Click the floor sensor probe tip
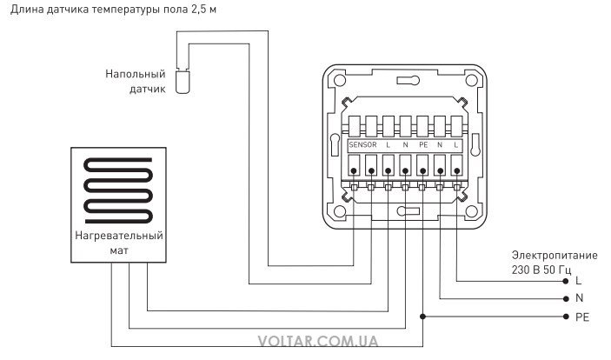pos(183,82)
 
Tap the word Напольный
pos(136,74)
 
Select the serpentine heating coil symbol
pos(118,190)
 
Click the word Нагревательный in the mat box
pos(119,236)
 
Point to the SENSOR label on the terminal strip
pos(362,144)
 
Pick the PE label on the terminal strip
pos(423,144)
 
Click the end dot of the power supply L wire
pos(566,281)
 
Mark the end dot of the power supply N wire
pos(566,299)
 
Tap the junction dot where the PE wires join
pos(422,317)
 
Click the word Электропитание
pos(555,256)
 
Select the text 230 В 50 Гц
pos(541,270)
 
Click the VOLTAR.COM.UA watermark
pos(317,341)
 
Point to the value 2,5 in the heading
pos(199,9)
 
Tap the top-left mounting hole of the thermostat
pos(340,80)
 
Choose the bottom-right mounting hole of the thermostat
pos(471,212)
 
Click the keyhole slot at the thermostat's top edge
pos(408,80)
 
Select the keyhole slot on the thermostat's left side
pos(335,144)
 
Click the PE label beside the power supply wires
pos(582,317)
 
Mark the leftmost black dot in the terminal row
pos(354,170)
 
